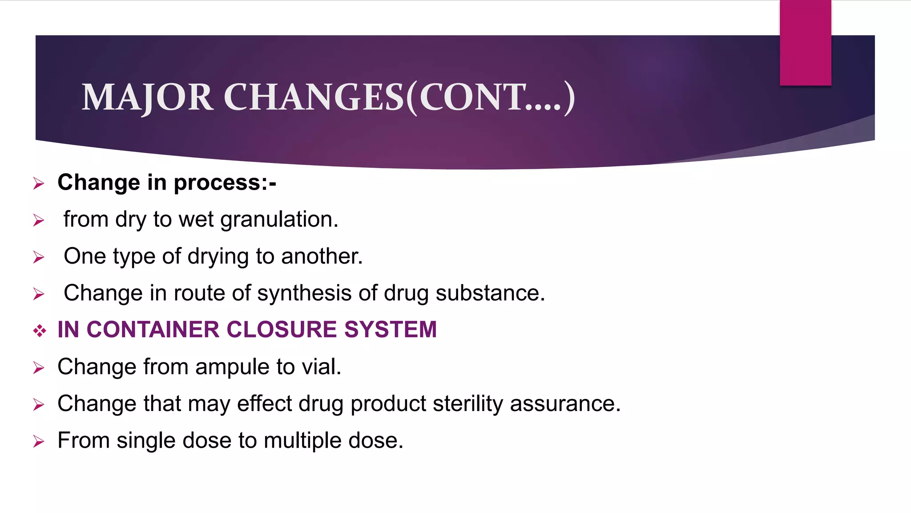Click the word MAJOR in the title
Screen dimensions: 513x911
[x=147, y=98]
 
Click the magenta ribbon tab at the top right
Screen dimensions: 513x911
[x=805, y=43]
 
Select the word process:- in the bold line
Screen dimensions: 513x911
[x=225, y=183]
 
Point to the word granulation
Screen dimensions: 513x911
[x=279, y=220]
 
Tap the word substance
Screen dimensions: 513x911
[x=490, y=293]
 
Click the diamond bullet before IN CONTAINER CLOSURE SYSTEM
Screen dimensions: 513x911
[x=39, y=330]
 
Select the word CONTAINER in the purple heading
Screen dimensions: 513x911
[x=153, y=330]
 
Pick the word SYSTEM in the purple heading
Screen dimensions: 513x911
[x=390, y=330]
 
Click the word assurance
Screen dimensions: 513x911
[x=565, y=404]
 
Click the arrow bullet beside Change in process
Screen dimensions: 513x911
[x=39, y=183]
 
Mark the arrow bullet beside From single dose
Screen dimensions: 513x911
[x=39, y=442]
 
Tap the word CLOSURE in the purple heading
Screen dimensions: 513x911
[x=282, y=330]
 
